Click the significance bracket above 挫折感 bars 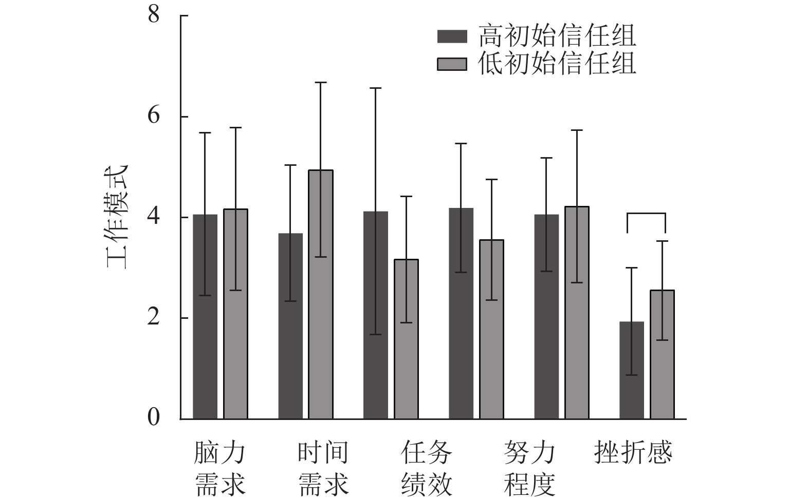[646, 214]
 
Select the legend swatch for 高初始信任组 [452, 36]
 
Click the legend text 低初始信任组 [557, 64]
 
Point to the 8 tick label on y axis [154, 15]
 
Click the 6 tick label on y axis [154, 116]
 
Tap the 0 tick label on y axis [154, 418]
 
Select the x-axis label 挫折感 [633, 452]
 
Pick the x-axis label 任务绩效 [427, 468]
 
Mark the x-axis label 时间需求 [323, 468]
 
